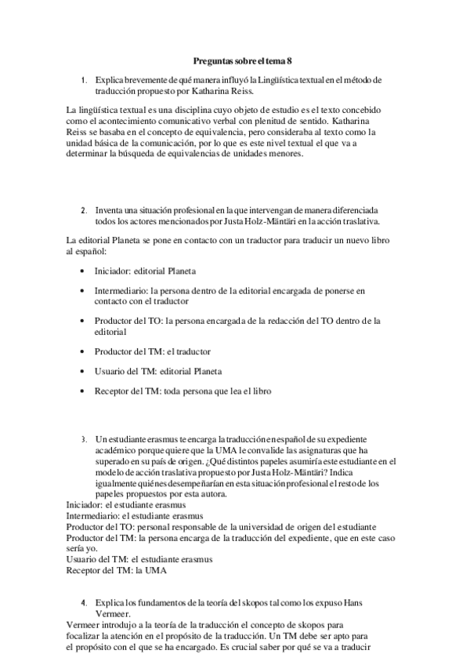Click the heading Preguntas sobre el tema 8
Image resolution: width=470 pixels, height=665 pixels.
(242, 60)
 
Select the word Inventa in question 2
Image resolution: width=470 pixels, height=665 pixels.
(110, 211)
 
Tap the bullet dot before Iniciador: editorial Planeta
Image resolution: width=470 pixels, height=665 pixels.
(83, 271)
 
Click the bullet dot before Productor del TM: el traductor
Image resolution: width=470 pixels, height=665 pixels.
(83, 352)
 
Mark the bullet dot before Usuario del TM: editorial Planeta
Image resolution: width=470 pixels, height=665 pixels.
(83, 372)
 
